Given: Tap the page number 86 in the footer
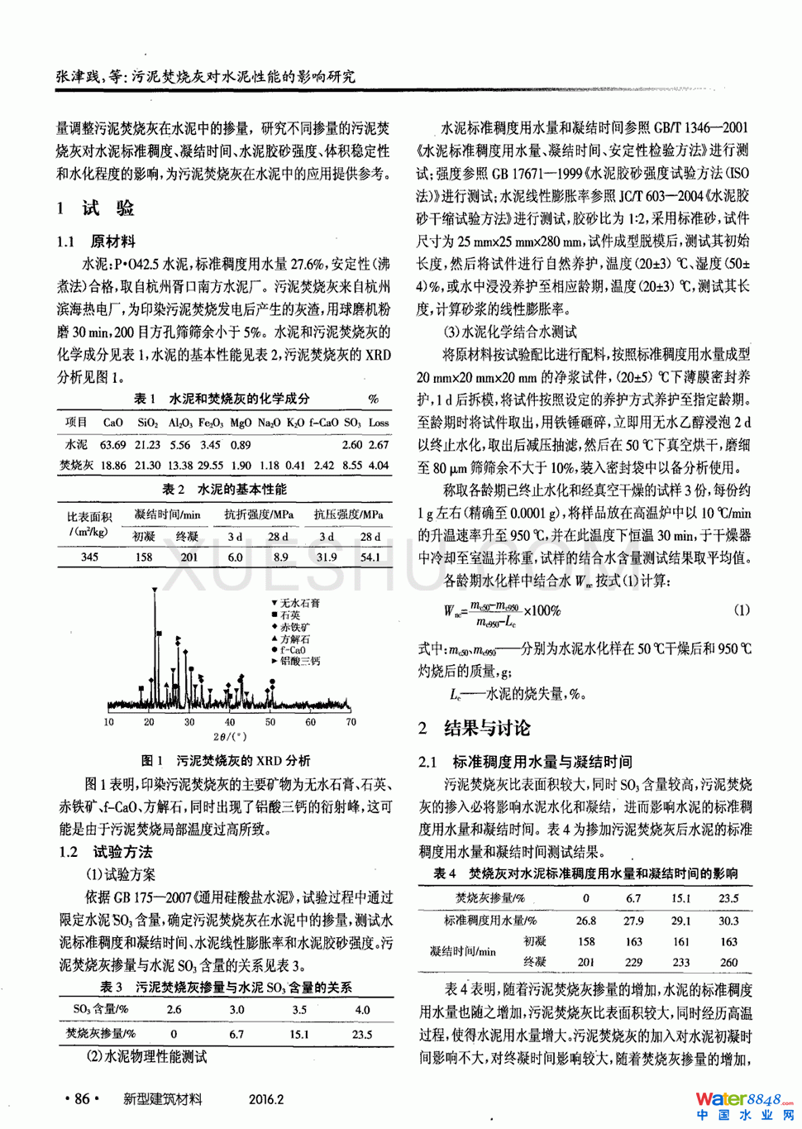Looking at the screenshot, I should [x=82, y=1098].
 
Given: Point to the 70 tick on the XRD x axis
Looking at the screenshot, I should [x=351, y=722].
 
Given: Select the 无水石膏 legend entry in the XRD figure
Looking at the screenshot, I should [x=299, y=603].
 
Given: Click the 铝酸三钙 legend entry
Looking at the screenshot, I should [x=299, y=661].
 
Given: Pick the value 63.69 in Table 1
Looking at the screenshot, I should [x=113, y=444].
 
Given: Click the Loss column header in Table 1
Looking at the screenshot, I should [x=379, y=422].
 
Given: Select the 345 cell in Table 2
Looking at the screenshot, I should [x=89, y=557].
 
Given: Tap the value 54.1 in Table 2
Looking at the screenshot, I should [x=370, y=557].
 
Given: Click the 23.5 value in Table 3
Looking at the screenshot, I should [x=362, y=1034].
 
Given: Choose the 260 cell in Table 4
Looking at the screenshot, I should [x=728, y=962].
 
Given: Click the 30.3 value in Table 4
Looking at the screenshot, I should [x=728, y=920].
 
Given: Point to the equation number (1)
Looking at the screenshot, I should [x=742, y=610].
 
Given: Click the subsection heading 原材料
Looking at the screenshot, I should [x=112, y=242].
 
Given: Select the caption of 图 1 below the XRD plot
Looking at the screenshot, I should [x=226, y=760].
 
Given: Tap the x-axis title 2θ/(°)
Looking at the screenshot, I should [x=230, y=736].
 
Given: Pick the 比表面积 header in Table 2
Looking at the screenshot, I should [x=89, y=516].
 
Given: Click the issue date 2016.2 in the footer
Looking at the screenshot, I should [x=266, y=1099].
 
